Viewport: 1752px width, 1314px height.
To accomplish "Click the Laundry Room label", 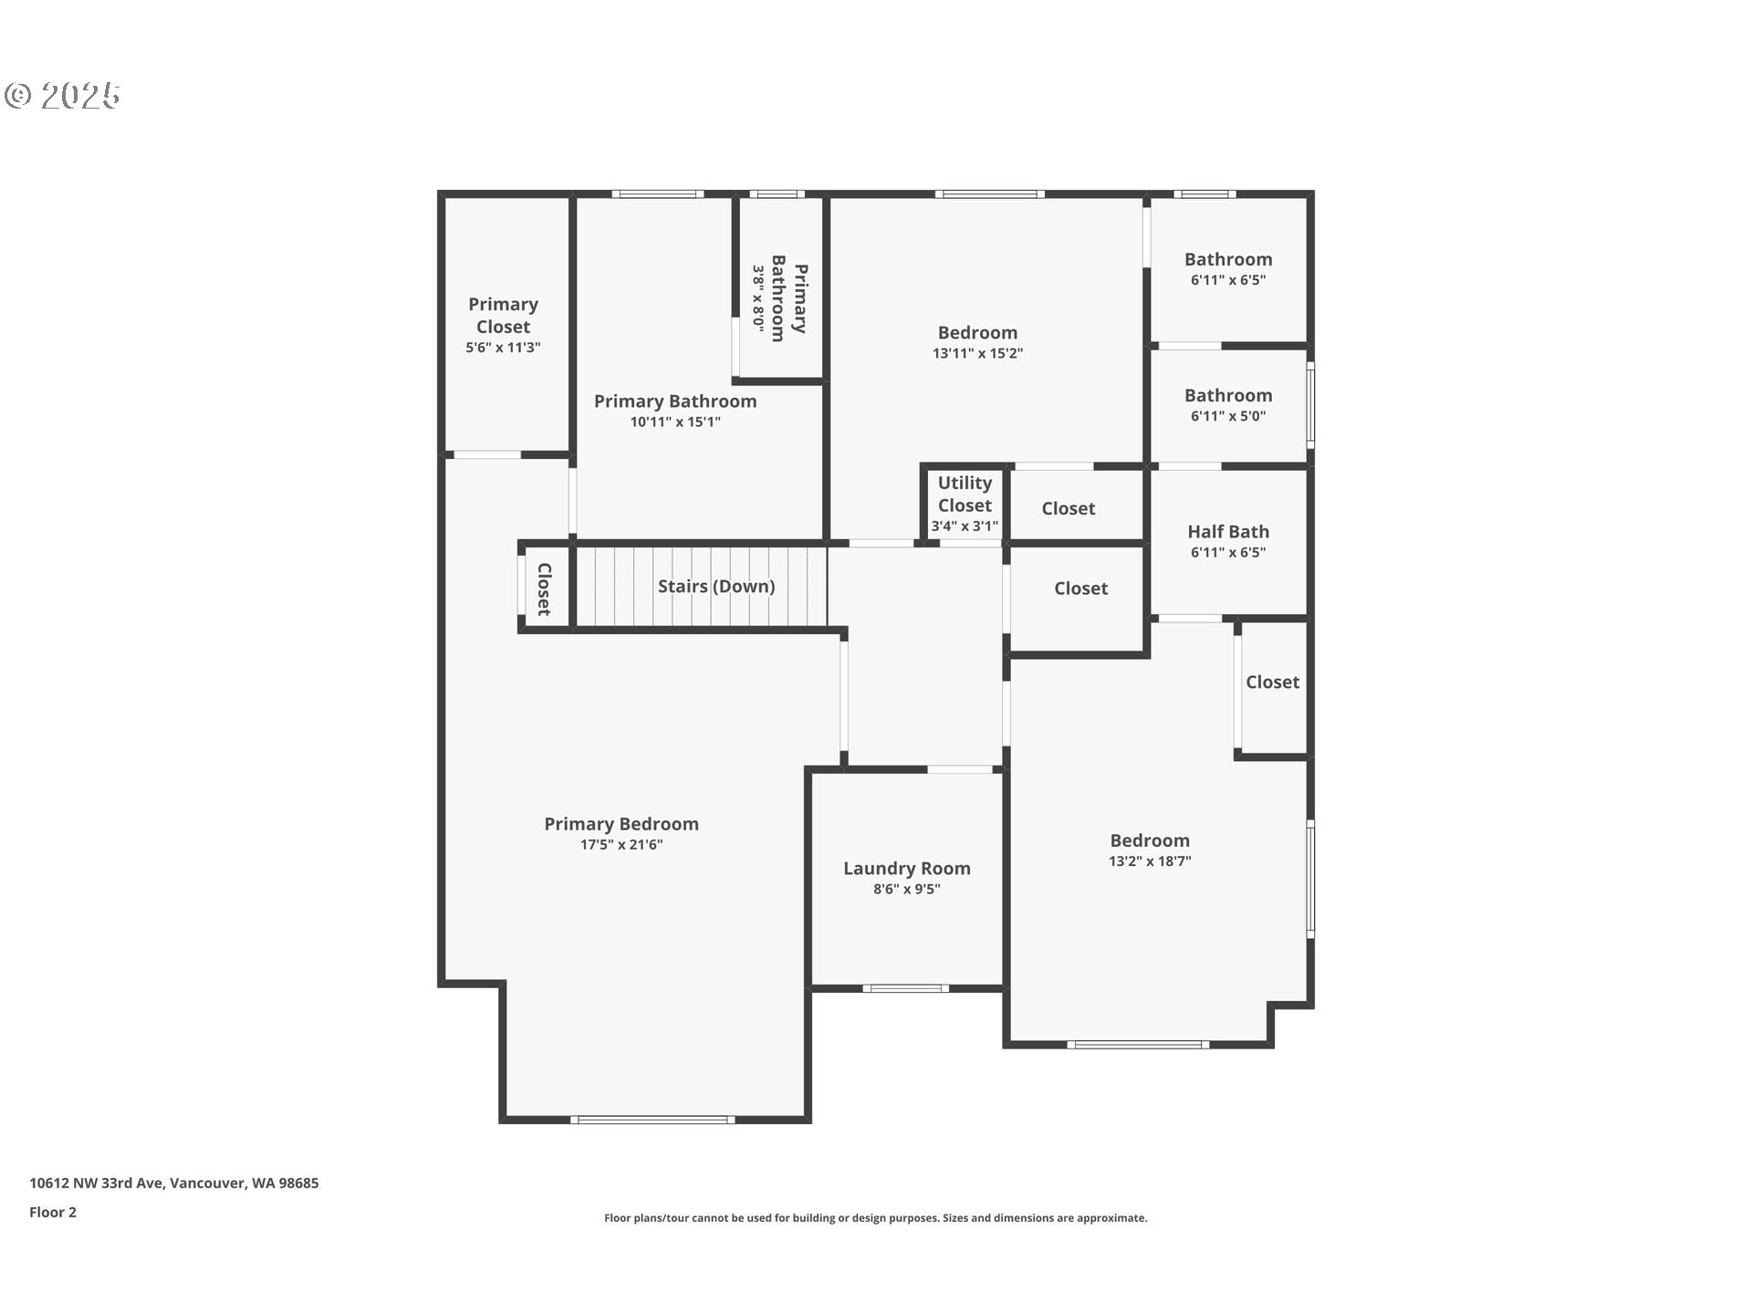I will click(906, 869).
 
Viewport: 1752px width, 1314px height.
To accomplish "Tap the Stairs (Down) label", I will click(716, 587).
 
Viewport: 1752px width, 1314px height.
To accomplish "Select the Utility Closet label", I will click(965, 495).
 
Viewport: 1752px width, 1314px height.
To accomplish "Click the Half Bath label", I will click(1228, 532).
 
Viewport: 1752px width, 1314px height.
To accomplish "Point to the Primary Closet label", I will click(503, 316).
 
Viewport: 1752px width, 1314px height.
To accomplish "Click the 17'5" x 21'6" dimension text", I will click(621, 845).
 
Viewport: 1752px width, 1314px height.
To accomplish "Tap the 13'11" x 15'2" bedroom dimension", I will click(977, 354).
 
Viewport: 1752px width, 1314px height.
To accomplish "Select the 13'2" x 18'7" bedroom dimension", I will click(1150, 861).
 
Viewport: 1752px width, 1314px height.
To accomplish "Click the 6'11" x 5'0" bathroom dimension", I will click(1228, 416).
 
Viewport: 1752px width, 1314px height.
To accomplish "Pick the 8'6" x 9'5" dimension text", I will click(906, 890).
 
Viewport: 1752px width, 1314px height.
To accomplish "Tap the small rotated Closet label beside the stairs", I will click(544, 589).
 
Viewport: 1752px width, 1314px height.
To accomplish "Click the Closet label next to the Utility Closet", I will click(1068, 509).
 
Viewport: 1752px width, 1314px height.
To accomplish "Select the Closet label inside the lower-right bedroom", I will click(1272, 683).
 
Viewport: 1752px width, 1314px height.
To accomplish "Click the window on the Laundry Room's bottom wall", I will click(905, 988).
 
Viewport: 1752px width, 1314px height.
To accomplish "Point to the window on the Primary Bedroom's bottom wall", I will click(652, 1120).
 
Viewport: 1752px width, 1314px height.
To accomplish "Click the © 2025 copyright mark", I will click(62, 96).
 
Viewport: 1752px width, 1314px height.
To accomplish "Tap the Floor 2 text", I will click(53, 1213).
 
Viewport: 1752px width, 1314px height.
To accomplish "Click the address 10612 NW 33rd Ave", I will click(173, 1184).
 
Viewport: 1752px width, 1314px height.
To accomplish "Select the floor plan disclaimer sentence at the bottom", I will click(875, 1218).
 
